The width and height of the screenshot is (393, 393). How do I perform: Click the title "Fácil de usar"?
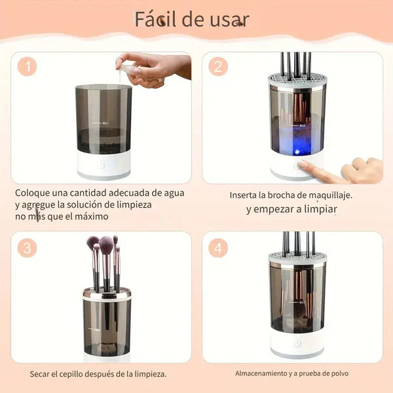pos(191,19)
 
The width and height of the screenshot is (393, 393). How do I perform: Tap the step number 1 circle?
pos(26,67)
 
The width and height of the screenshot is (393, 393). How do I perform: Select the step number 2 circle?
pos(219,67)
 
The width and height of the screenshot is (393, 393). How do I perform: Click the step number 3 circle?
pos(27,248)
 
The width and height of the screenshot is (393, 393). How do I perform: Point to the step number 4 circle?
pos(219,248)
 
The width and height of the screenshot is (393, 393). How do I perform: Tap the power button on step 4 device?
pos(297,343)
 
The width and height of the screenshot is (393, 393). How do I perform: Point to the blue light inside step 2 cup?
pos(296,148)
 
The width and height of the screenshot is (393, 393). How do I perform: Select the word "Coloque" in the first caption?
pos(33,193)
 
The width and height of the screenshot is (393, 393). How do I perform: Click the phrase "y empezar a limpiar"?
pos(291,210)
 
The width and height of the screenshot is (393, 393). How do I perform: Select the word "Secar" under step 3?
pos(41,374)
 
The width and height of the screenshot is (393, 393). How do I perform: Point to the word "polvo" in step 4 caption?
pos(338,373)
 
